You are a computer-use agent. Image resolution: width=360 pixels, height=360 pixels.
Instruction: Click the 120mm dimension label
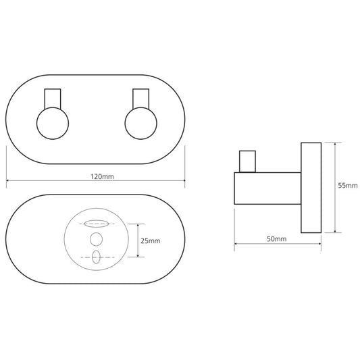tap(102, 176)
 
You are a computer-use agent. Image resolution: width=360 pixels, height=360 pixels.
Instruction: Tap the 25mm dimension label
tap(151, 241)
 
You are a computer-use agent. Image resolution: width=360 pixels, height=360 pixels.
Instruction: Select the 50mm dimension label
tap(277, 239)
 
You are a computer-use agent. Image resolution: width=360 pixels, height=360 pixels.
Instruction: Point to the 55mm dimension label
tap(348, 185)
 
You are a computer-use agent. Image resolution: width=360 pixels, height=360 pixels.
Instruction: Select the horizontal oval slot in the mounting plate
tap(96, 224)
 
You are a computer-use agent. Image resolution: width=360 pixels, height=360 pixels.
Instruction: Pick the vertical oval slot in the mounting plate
tap(96, 257)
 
